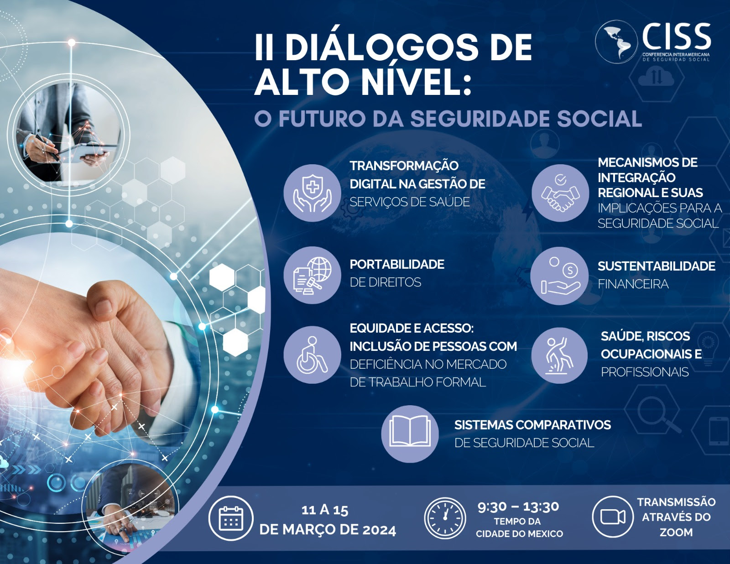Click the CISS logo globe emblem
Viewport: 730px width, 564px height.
coord(616,42)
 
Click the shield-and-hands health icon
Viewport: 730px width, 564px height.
coord(312,193)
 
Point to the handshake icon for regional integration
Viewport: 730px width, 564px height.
coord(560,193)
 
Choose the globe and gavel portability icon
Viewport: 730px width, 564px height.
coord(312,275)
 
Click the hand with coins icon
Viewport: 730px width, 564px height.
coord(559,276)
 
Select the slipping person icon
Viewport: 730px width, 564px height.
coord(559,355)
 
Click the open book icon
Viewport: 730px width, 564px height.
coord(410,434)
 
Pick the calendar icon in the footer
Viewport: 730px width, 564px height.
coord(231,518)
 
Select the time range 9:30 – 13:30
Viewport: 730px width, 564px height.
coord(518,507)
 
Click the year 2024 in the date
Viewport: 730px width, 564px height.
coord(379,530)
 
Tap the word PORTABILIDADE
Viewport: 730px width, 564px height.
coord(397,264)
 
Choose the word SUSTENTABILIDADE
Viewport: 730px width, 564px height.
coord(657,266)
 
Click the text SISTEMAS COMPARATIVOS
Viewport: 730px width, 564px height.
coord(532,425)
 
